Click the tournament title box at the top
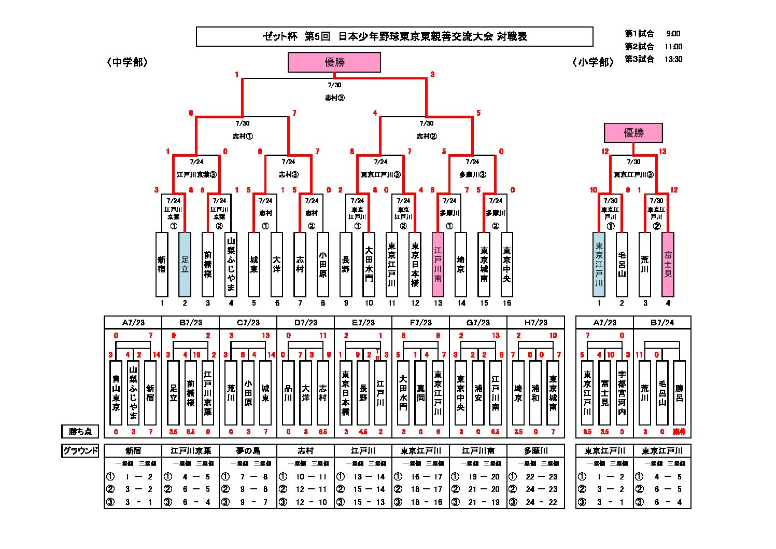[394, 36]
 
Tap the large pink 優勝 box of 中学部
[334, 62]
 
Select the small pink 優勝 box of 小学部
[633, 133]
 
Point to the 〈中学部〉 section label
[128, 62]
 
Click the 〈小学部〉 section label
[593, 62]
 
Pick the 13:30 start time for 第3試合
[673, 59]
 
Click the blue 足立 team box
[185, 264]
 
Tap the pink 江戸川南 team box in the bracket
[438, 264]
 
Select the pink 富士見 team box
[668, 264]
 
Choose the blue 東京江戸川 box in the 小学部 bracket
[599, 264]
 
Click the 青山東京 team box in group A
[116, 393]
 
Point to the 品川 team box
[288, 393]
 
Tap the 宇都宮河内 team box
[622, 393]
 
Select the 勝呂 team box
[679, 393]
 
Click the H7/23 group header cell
[535, 322]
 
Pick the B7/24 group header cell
[662, 322]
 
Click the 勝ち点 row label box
[80, 431]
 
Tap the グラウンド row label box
[80, 450]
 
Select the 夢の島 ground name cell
[248, 450]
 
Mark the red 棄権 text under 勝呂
[679, 432]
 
